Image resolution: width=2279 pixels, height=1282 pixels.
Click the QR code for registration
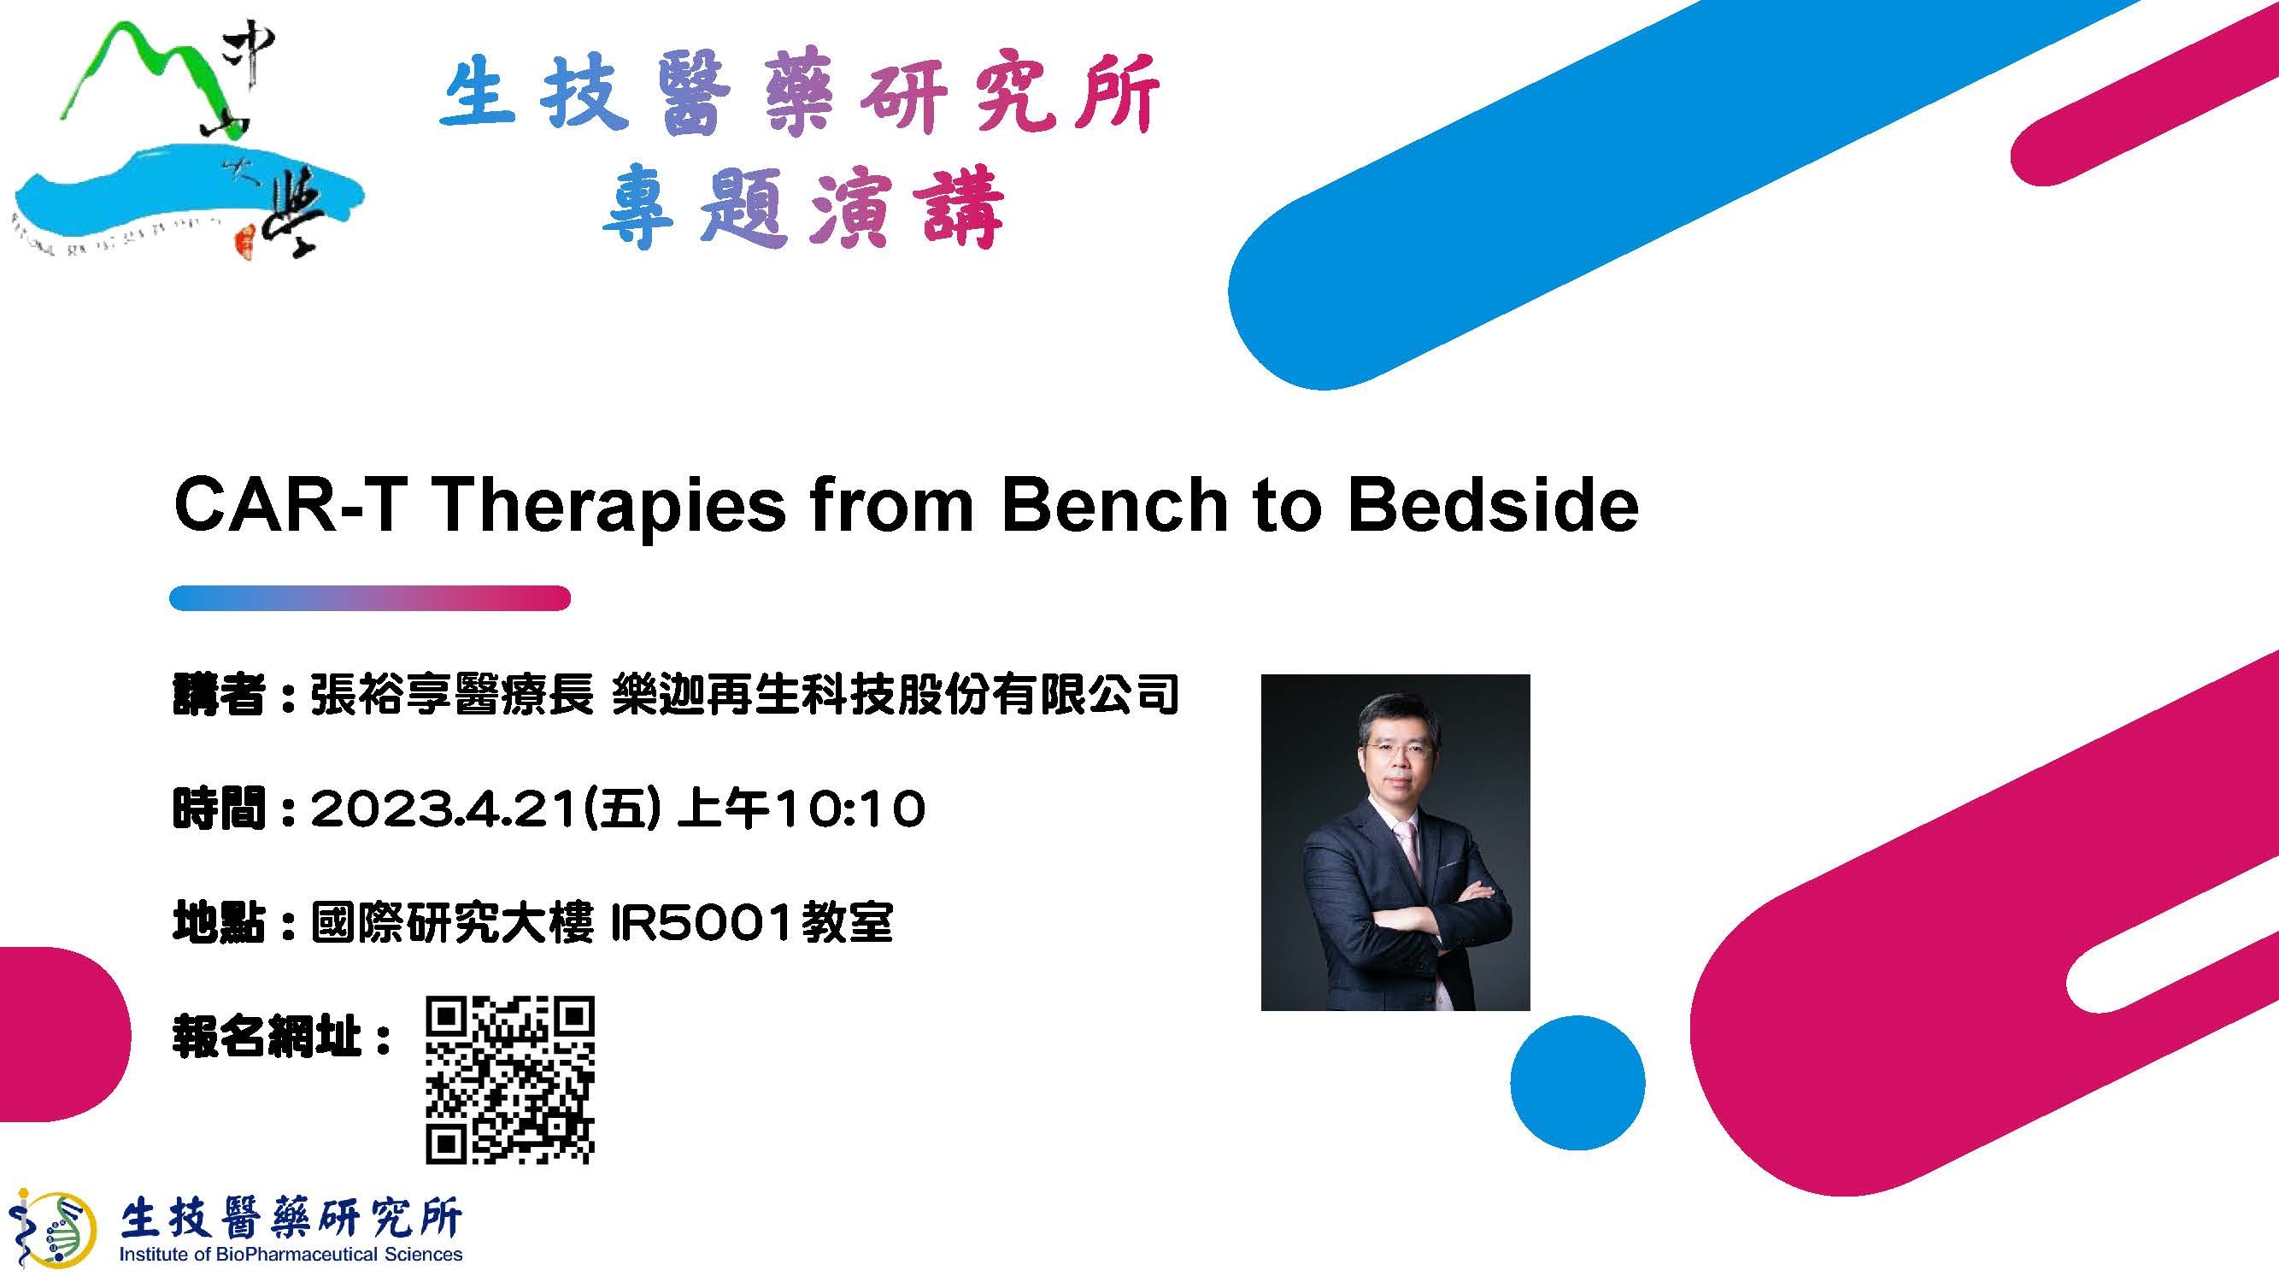coord(509,1079)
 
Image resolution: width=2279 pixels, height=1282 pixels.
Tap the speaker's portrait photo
coord(1395,843)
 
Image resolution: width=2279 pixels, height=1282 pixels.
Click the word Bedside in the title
coord(1493,504)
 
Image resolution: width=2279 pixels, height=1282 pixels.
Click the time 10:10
coord(850,809)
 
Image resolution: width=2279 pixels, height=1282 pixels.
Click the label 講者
coord(218,694)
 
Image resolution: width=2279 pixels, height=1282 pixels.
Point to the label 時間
coord(218,809)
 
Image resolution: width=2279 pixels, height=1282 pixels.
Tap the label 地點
coord(218,924)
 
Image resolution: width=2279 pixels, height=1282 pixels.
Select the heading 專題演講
coord(803,209)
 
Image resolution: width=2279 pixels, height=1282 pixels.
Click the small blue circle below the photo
coord(1577,1082)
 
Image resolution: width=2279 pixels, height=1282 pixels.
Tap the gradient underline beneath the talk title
coord(370,598)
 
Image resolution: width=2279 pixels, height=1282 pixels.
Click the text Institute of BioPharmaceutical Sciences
coord(291,1254)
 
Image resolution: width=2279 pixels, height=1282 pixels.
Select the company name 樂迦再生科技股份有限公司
coord(896,694)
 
